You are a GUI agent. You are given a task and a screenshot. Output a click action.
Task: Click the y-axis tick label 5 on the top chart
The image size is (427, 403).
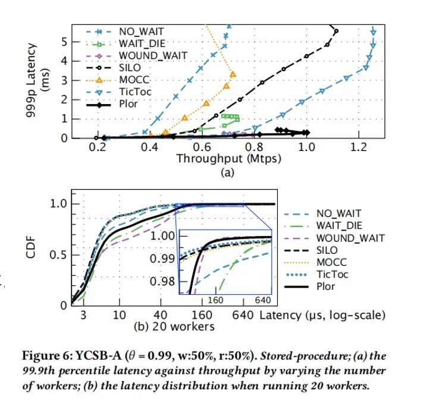(x=65, y=42)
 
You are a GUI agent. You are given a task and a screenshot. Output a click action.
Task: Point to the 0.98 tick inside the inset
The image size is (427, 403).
(x=159, y=281)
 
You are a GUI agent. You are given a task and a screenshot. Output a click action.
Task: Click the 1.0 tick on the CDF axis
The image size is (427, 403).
(x=59, y=204)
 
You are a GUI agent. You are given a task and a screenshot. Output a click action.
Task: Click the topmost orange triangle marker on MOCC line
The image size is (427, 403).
(x=233, y=74)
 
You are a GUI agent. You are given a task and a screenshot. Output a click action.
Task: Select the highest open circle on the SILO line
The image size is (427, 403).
(x=336, y=31)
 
